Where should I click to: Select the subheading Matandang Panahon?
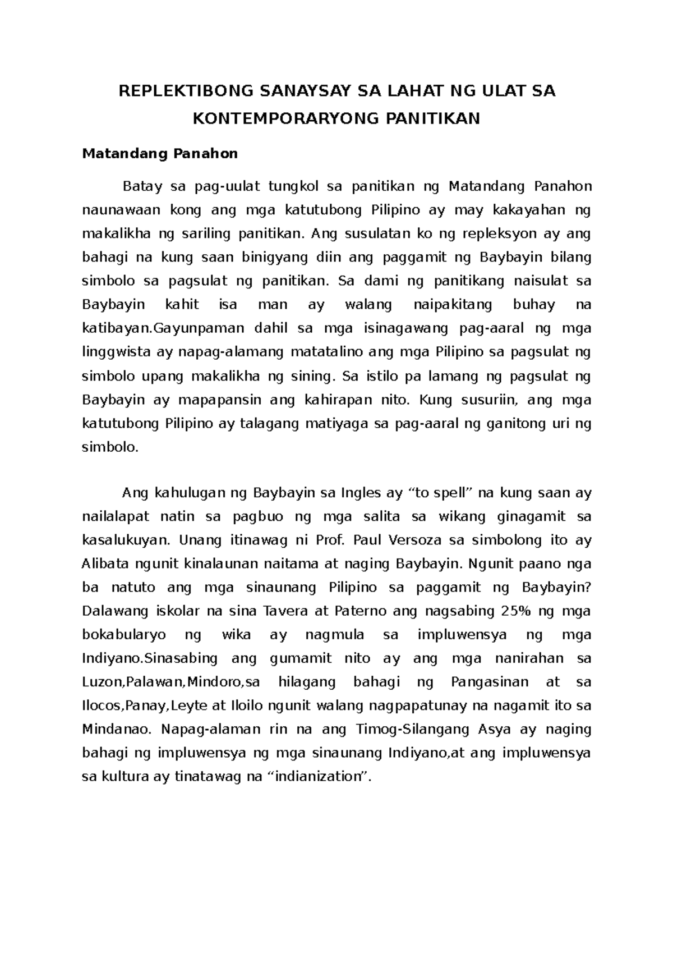pos(160,154)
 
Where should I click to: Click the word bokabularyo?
pos(124,635)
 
